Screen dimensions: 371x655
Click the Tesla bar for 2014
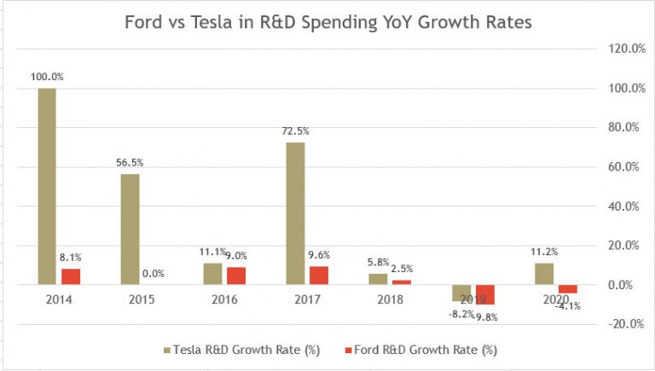48,186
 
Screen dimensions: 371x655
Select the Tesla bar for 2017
295,213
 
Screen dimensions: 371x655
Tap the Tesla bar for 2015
130,229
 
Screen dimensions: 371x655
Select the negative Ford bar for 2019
485,294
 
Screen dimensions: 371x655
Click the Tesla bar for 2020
543,274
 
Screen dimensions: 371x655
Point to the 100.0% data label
47,77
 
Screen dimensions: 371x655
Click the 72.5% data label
295,131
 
